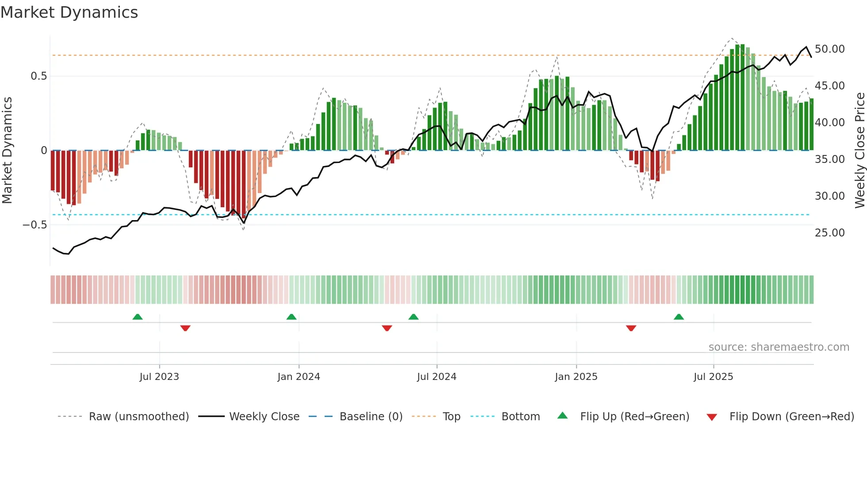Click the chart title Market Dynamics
pyautogui.click(x=69, y=12)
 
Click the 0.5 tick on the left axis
pyautogui.click(x=38, y=76)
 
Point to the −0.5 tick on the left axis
pyautogui.click(x=35, y=225)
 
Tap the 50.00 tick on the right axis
pyautogui.click(x=829, y=49)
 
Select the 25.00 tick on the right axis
pyautogui.click(x=829, y=233)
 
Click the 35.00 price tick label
pyautogui.click(x=829, y=159)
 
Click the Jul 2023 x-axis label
pyautogui.click(x=159, y=377)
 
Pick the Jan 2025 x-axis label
pyautogui.click(x=576, y=377)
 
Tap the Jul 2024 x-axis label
pyautogui.click(x=437, y=377)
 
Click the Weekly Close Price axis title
pyautogui.click(x=859, y=151)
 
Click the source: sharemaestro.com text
pyautogui.click(x=779, y=347)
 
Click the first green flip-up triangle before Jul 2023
pyautogui.click(x=138, y=317)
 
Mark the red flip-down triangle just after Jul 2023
pyautogui.click(x=185, y=328)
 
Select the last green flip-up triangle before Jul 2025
pyautogui.click(x=679, y=317)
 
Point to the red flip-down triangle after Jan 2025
pyautogui.click(x=631, y=328)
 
